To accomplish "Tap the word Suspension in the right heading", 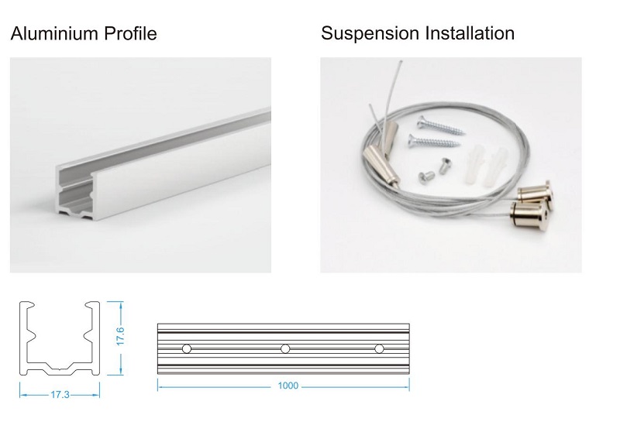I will [369, 34].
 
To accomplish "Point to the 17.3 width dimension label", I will [60, 395].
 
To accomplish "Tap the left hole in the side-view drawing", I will [186, 349].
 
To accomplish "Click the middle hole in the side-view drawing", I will [285, 349].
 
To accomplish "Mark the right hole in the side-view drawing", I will [379, 349].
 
